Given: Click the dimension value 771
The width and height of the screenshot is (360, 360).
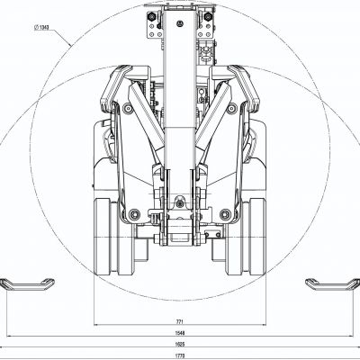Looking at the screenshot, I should [181, 321].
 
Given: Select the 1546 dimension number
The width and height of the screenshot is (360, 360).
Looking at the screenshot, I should [181, 332].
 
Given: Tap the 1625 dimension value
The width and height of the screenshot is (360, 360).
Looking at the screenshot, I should [181, 343].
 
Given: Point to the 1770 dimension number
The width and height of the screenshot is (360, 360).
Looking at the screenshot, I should [181, 355].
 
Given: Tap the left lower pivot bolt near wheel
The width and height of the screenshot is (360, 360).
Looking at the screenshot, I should [135, 214].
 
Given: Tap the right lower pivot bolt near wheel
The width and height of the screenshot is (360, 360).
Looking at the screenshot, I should [226, 214].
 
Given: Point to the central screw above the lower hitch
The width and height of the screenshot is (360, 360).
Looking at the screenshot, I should [180, 201].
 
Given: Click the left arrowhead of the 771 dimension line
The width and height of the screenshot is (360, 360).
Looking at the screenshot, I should [96, 326].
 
